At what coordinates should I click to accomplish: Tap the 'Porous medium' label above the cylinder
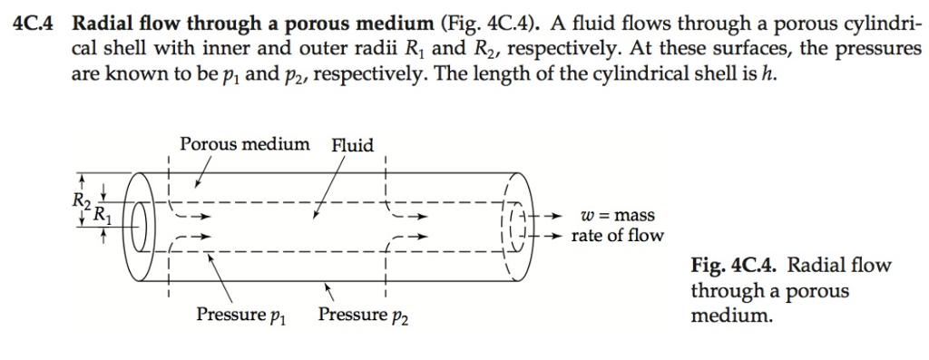point(244,144)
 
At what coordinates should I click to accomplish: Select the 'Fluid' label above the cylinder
point(353,145)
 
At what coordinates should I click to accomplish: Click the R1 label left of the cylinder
point(104,217)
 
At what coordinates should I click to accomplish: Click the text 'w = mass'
point(617,216)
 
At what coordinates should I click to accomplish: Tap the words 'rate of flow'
point(617,236)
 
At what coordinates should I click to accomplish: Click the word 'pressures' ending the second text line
point(878,49)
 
